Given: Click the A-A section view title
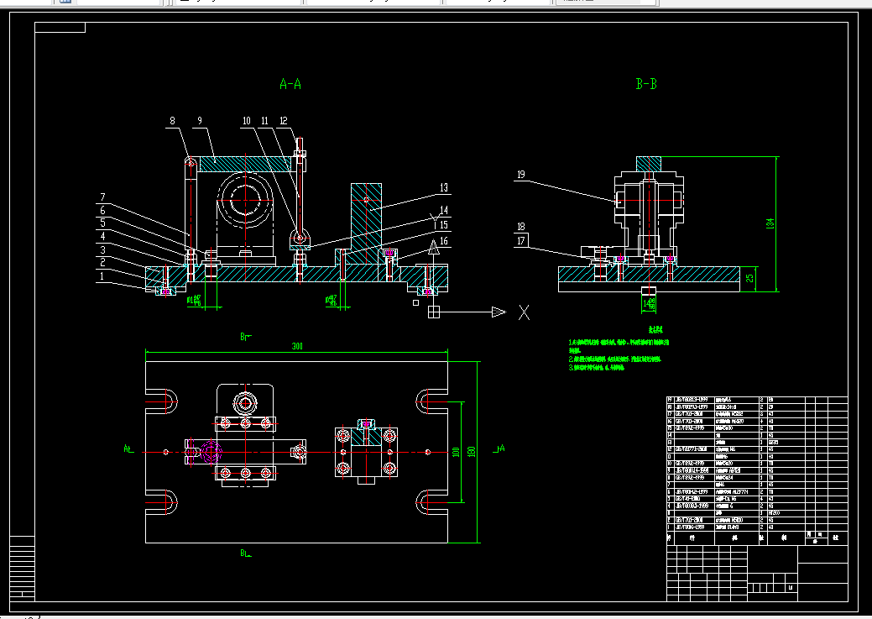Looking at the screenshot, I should click(x=290, y=84).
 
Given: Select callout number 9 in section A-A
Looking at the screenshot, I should click(x=200, y=121).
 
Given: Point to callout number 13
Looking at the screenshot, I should click(x=444, y=186).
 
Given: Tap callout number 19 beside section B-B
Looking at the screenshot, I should click(x=521, y=175).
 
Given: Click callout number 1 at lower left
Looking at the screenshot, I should click(x=102, y=275).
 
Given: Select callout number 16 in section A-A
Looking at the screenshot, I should click(x=444, y=241).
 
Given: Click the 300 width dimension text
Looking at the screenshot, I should click(x=297, y=345).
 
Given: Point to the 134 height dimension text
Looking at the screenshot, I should click(x=770, y=223).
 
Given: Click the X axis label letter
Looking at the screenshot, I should click(x=525, y=313).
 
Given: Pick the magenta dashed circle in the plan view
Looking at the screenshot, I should click(x=204, y=452).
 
